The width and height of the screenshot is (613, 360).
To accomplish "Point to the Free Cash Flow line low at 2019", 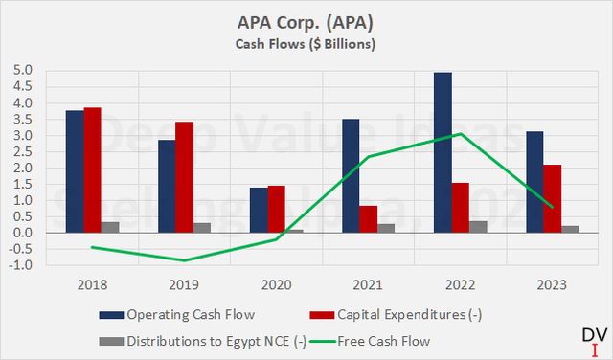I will [184, 260].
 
